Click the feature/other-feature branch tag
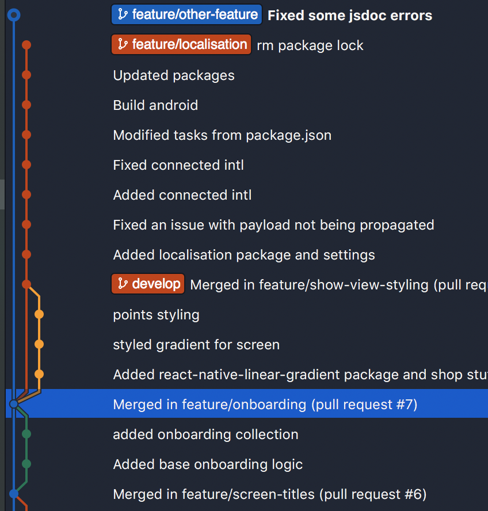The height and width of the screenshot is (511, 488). click(186, 14)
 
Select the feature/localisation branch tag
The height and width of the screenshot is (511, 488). click(181, 44)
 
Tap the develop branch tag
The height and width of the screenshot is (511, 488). click(148, 284)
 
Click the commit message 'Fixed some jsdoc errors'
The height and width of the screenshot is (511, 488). click(350, 16)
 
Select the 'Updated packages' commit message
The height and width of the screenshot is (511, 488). click(174, 75)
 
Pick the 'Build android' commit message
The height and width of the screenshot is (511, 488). click(155, 105)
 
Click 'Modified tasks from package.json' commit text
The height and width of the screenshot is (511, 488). click(222, 135)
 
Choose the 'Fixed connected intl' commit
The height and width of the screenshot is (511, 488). click(178, 165)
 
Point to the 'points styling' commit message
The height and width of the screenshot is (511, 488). click(156, 315)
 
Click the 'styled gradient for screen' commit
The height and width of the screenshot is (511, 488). click(196, 345)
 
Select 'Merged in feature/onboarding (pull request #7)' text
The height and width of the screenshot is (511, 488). click(265, 405)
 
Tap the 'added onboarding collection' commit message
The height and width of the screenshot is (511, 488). click(205, 434)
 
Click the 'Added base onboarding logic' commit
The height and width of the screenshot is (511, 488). click(208, 464)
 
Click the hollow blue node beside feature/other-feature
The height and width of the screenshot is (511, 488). click(14, 15)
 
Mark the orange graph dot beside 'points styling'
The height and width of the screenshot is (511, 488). click(39, 314)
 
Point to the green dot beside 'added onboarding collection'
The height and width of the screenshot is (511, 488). click(26, 434)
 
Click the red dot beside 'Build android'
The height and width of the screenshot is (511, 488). click(26, 105)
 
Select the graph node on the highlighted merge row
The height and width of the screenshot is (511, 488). click(14, 404)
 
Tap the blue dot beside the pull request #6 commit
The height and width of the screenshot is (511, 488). click(14, 494)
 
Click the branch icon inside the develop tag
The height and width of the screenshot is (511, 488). click(123, 284)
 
